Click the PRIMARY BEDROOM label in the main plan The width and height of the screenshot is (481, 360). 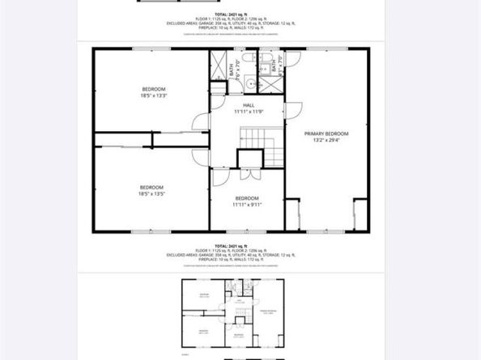pyautogui.click(x=326, y=133)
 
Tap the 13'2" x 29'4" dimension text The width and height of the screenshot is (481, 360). pyautogui.click(x=326, y=139)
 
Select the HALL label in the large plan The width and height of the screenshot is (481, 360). pyautogui.click(x=249, y=105)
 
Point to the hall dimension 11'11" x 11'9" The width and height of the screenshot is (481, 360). pyautogui.click(x=249, y=112)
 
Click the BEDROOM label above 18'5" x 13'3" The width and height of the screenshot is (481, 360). pyautogui.click(x=154, y=88)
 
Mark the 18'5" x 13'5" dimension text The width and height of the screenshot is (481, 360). pyautogui.click(x=151, y=194)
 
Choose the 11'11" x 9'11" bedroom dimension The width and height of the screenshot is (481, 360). pyautogui.click(x=247, y=205)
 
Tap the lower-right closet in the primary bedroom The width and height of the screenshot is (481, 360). pyautogui.click(x=357, y=214)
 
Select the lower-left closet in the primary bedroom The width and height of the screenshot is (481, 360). pyautogui.click(x=294, y=214)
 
